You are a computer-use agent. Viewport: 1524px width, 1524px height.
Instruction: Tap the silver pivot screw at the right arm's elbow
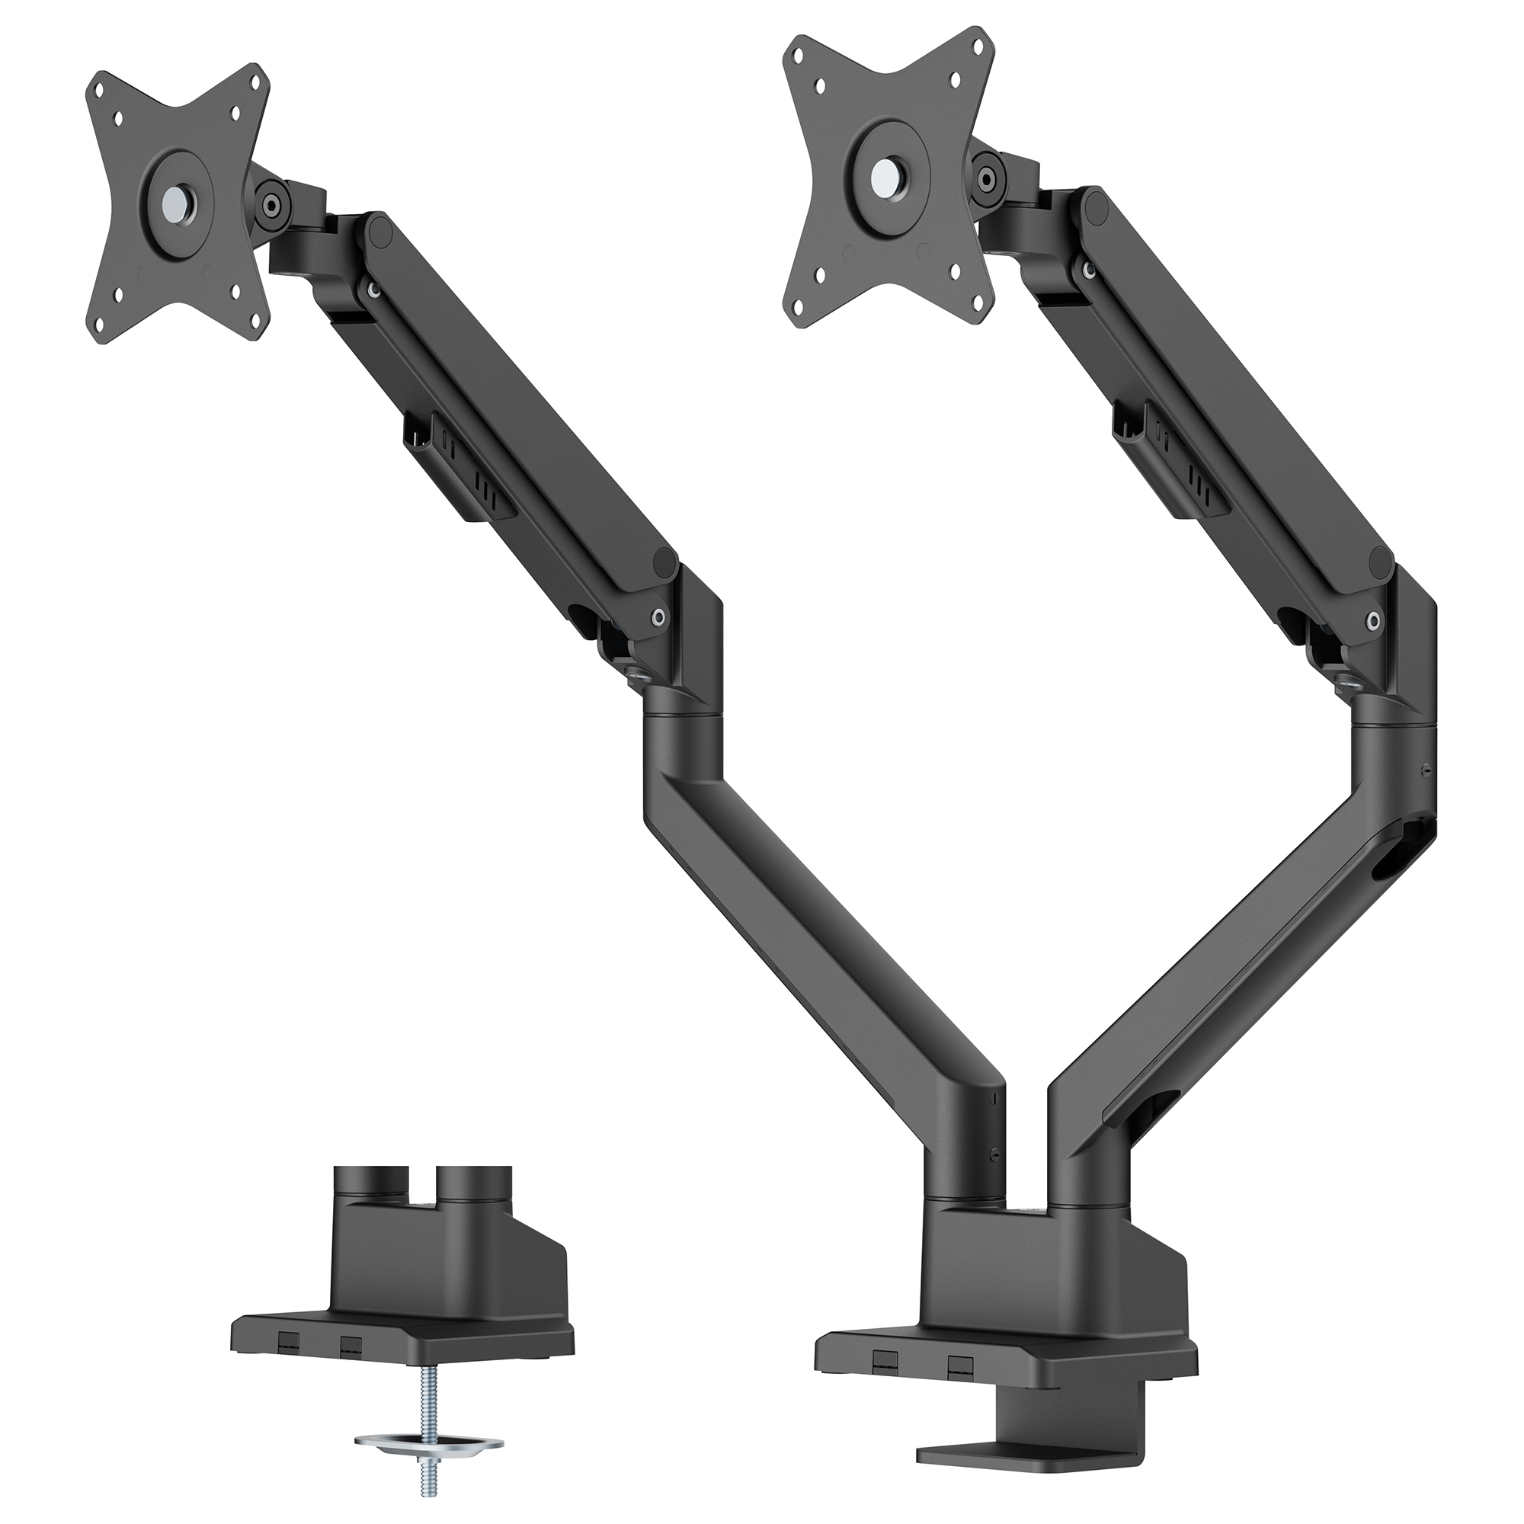[x=1374, y=621]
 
